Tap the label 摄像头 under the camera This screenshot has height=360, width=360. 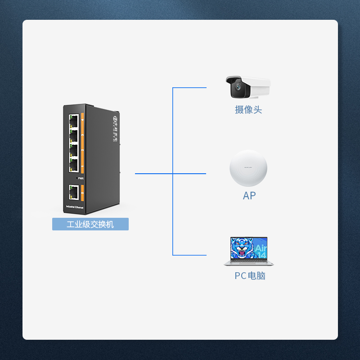click(x=248, y=110)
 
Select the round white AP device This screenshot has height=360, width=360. click(x=248, y=168)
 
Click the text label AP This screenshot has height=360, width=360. click(x=249, y=196)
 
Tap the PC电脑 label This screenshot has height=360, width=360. click(x=250, y=276)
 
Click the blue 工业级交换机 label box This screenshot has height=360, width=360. click(x=90, y=224)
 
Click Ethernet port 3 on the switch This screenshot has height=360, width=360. click(x=74, y=135)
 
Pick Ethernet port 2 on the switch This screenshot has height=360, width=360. click(x=74, y=150)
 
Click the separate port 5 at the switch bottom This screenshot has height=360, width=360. click(x=74, y=193)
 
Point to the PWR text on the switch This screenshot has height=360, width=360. click(x=81, y=179)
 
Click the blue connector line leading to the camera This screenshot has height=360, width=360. click(x=189, y=88)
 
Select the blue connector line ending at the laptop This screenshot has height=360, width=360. click(x=189, y=255)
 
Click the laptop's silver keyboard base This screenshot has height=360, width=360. click(x=249, y=263)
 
